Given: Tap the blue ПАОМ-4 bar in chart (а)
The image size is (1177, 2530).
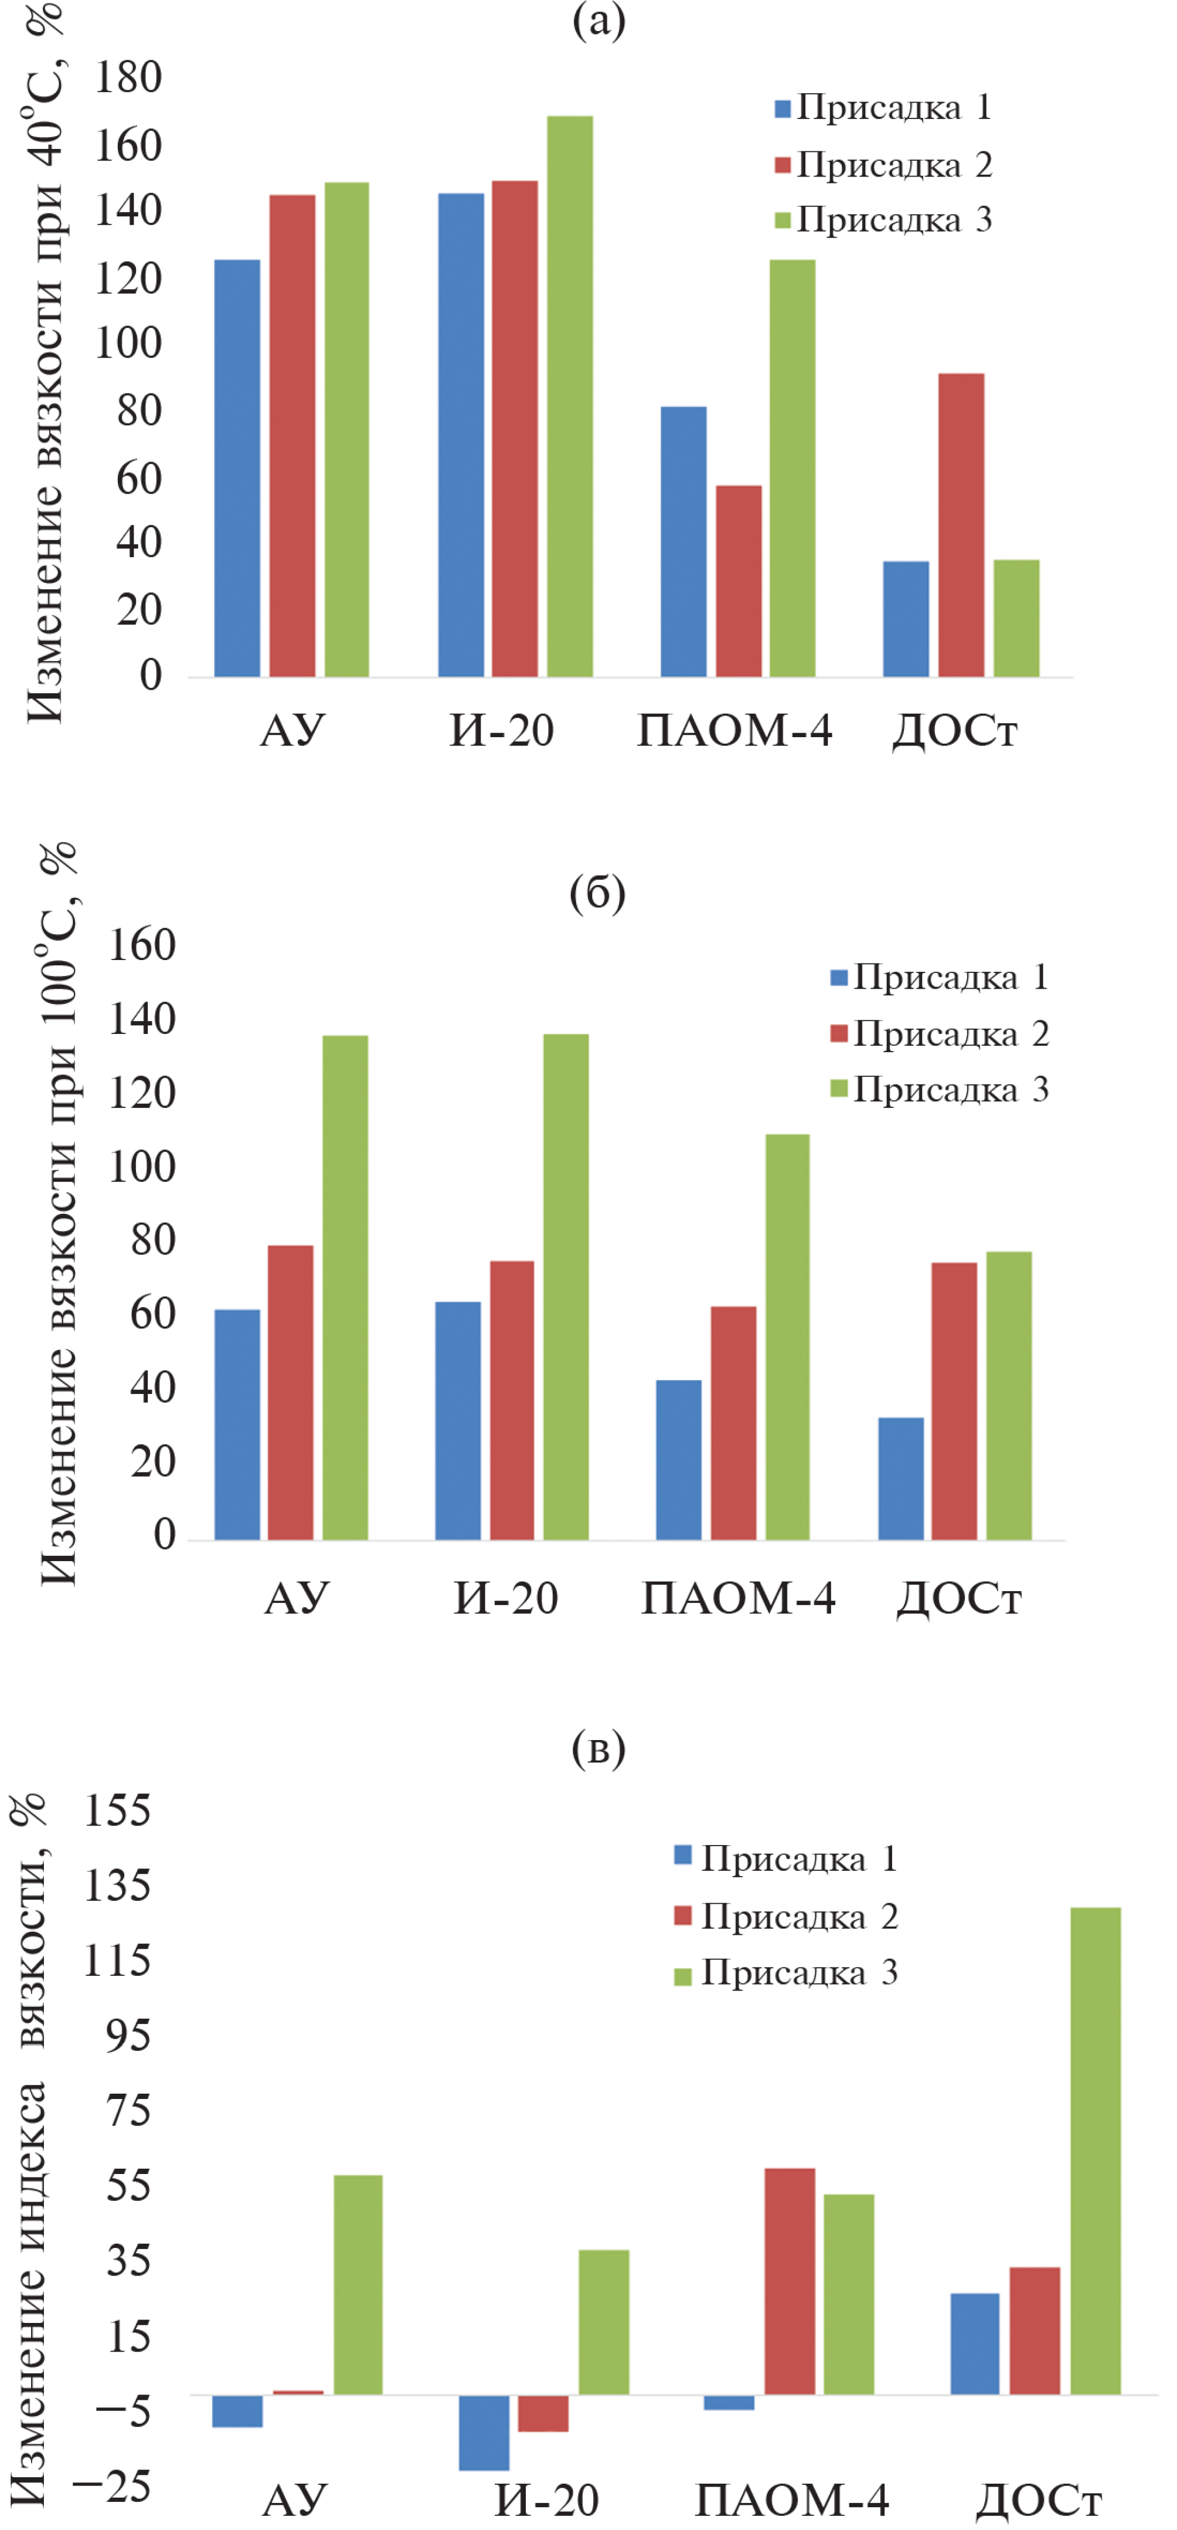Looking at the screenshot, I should (x=683, y=541).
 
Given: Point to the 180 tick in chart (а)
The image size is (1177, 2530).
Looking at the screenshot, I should (x=128, y=79).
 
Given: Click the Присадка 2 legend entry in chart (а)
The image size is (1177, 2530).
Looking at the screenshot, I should (x=883, y=164).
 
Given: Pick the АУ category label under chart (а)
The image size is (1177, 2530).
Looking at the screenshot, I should (x=292, y=731).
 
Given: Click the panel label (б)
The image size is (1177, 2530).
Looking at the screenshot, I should (x=597, y=893).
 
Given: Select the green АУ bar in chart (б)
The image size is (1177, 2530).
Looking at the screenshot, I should (x=346, y=1287).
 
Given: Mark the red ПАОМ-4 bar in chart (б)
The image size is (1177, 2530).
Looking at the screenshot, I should (x=733, y=1422).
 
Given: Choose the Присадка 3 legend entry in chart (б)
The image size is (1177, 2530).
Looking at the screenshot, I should (x=940, y=1089).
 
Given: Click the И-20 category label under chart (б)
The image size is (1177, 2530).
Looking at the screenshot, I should (x=505, y=1599).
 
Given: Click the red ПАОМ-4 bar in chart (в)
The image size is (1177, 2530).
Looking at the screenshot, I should (x=789, y=2281).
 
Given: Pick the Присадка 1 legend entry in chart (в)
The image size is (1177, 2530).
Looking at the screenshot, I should (x=785, y=1859).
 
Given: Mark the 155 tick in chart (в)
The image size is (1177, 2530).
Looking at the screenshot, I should (x=118, y=1810).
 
